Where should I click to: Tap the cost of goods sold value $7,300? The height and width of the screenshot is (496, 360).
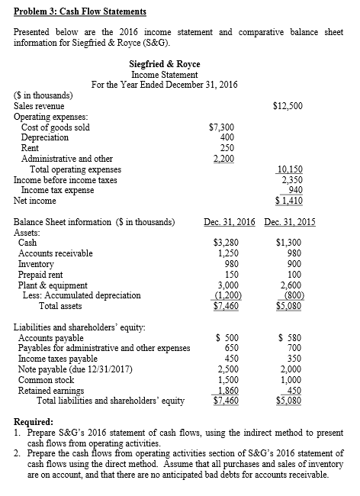220,127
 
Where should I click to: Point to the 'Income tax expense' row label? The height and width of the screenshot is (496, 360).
56,191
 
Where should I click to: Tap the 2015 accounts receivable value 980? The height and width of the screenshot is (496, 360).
293,253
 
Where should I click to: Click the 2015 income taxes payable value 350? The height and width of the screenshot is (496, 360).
293,359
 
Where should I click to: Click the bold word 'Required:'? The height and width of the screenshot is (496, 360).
34,421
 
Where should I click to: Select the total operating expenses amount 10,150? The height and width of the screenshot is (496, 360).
288,169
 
